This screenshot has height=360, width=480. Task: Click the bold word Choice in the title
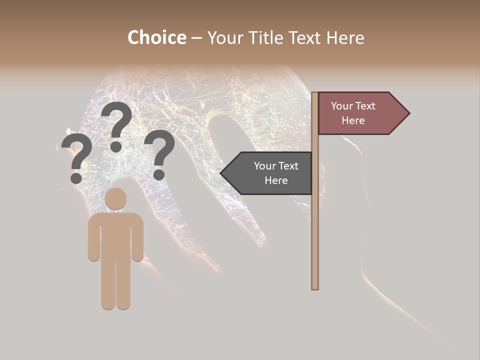click(x=156, y=37)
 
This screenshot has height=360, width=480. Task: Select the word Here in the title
click(x=345, y=37)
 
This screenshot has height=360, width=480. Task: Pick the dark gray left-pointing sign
click(x=270, y=173)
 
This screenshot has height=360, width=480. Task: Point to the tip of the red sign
click(x=408, y=113)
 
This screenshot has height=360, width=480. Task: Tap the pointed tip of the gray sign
click(x=221, y=173)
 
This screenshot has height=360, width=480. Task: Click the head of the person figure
click(x=115, y=198)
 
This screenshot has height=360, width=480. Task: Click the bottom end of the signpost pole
click(x=315, y=287)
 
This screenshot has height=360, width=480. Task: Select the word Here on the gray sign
click(x=276, y=180)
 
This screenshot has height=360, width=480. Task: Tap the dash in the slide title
click(x=196, y=38)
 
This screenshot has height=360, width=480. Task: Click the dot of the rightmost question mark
click(x=159, y=174)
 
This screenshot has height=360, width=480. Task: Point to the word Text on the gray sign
click(x=287, y=166)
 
